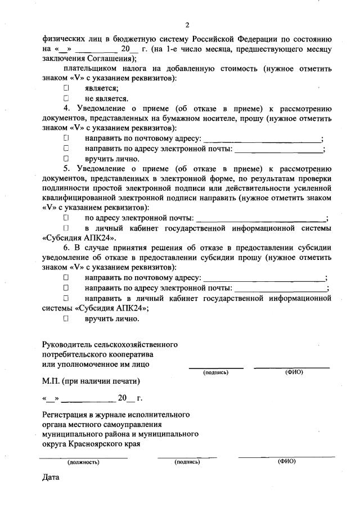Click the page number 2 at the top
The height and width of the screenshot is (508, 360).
coord(188,25)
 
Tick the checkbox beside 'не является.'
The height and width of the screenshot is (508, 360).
coord(66,98)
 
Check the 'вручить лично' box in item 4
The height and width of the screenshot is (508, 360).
coord(66,159)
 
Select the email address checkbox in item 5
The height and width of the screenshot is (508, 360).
coord(66,218)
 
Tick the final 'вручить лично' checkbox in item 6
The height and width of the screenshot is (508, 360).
coord(66,318)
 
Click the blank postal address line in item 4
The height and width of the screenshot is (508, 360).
coord(262,140)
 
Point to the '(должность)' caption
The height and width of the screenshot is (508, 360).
coord(83,462)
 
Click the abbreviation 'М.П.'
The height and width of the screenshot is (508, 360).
coord(51,381)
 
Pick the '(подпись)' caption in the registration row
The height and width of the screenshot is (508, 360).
coord(187,462)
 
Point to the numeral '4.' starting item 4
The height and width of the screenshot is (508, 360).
coord(66,109)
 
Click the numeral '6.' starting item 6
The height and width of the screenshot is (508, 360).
coord(66,248)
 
